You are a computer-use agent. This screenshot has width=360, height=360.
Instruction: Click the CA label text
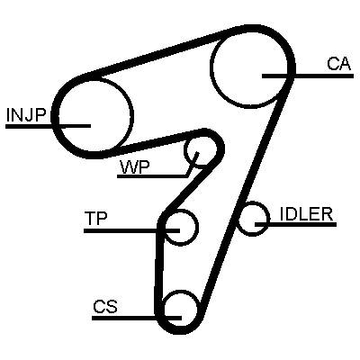click(338, 64)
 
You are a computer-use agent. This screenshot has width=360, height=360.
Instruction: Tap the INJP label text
click(26, 115)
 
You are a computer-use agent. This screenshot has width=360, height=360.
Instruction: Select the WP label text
click(135, 167)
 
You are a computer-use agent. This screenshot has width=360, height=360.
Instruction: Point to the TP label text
click(95, 218)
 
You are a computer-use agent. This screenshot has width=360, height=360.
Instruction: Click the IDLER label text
click(306, 214)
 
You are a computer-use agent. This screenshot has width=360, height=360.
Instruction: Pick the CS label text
click(105, 306)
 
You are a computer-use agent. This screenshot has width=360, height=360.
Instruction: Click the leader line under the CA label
click(308, 76)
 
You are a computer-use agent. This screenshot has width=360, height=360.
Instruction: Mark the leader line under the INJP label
click(48, 126)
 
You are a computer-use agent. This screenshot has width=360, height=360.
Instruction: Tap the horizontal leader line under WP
click(152, 176)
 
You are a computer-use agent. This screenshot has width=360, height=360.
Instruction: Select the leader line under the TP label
click(131, 230)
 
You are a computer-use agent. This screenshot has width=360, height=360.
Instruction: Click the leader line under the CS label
click(137, 318)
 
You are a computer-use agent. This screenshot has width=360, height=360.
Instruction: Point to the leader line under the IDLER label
click(295, 224)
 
